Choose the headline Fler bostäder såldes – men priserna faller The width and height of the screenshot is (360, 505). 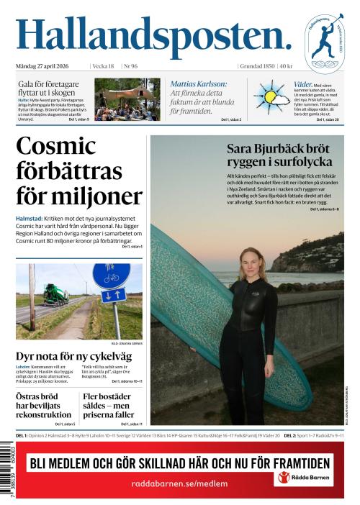(x=108, y=406)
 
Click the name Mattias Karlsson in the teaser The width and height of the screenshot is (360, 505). (x=199, y=84)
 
